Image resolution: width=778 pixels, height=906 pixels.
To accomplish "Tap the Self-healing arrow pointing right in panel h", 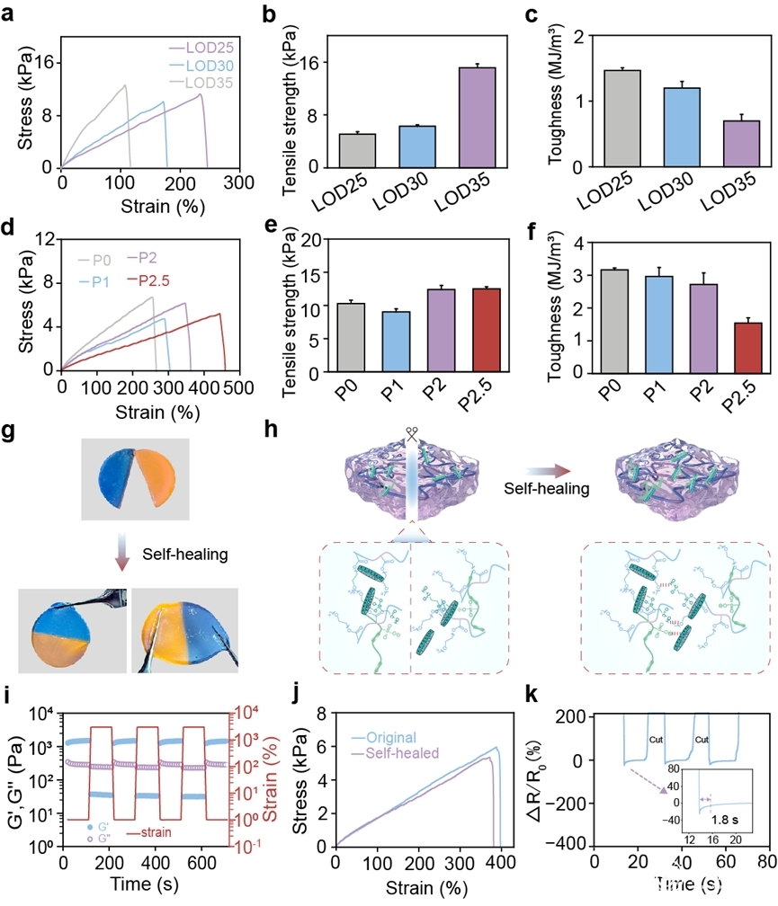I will [548, 468].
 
